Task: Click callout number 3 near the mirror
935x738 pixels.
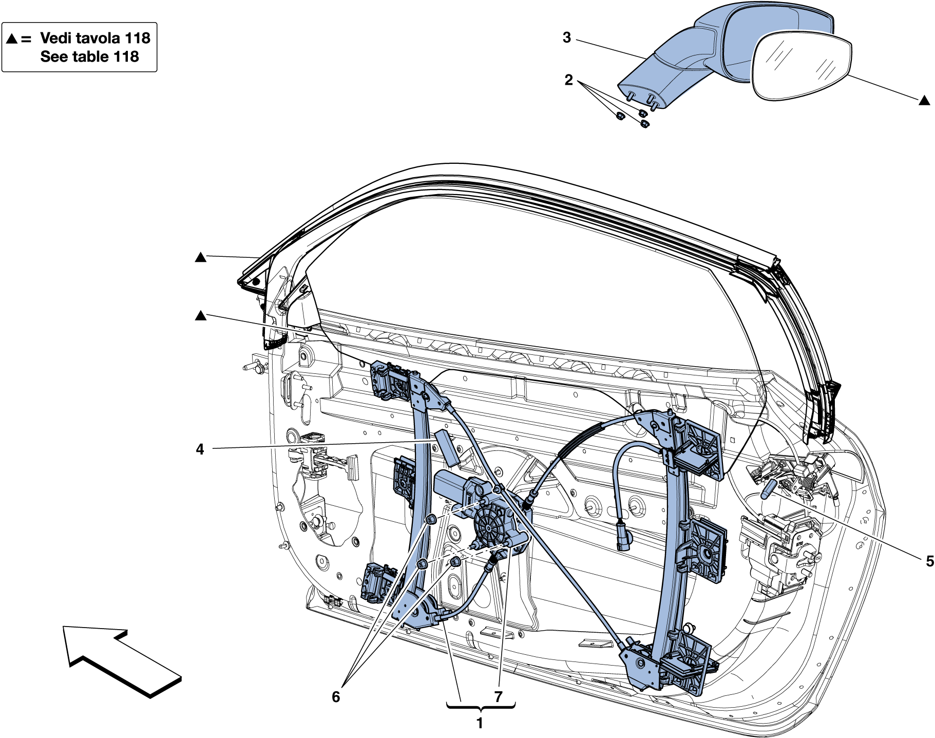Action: tap(566, 37)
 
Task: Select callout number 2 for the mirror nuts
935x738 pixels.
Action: tap(568, 80)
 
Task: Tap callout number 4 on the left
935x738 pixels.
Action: tap(200, 449)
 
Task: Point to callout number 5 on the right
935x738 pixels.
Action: tap(929, 561)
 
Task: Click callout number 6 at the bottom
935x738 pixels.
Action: tap(335, 697)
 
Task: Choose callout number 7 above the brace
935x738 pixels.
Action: tap(498, 697)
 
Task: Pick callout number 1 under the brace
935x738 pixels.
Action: tap(480, 724)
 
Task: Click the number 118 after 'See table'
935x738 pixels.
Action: tap(126, 56)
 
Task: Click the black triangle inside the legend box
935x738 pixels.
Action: tap(12, 39)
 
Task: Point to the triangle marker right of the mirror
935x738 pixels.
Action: tap(924, 101)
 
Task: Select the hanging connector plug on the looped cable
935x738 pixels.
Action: tap(623, 537)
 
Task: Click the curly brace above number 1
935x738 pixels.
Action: tap(481, 708)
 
